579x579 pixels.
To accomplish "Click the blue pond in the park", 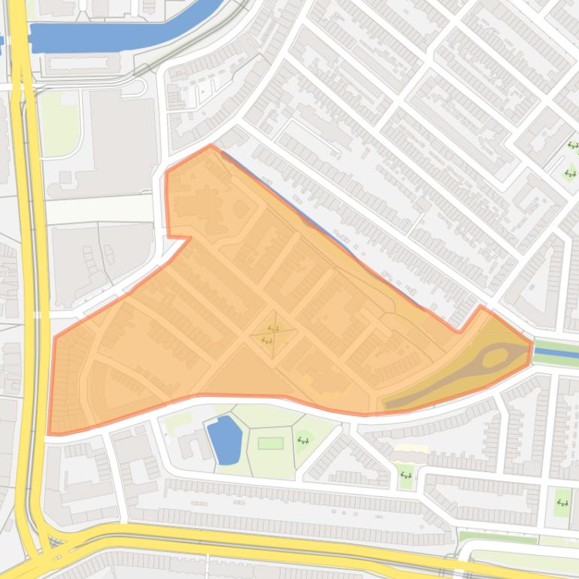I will (x=225, y=441).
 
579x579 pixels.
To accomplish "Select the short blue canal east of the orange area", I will (x=556, y=353).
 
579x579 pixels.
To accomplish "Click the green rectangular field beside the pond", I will (x=270, y=443).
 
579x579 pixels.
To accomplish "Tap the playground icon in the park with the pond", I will (x=304, y=440).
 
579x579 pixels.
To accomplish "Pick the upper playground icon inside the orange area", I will (x=273, y=329).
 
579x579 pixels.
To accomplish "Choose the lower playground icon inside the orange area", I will (x=266, y=341).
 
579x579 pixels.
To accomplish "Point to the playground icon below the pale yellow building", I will (x=406, y=474).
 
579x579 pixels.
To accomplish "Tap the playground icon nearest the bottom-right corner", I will (x=562, y=502).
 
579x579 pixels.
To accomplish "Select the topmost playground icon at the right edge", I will (x=573, y=146).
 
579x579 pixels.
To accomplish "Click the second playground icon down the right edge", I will (x=569, y=174).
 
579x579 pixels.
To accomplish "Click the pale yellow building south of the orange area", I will (x=411, y=449).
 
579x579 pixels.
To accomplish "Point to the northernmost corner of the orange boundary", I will (x=211, y=146).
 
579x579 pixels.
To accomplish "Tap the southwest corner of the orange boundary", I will (x=50, y=434).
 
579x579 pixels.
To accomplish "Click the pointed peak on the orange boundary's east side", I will (x=481, y=307).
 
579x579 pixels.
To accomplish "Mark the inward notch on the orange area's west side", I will (x=188, y=238).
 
